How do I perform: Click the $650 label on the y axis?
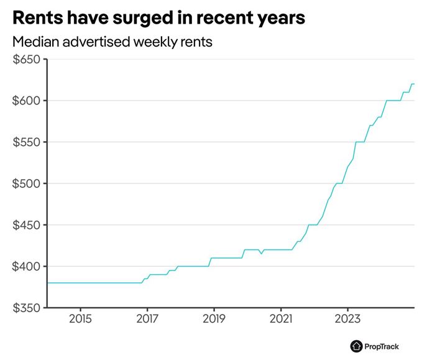pos(26,60)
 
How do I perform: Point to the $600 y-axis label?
pos(26,101)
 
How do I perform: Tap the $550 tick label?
pos(26,142)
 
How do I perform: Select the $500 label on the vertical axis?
pos(26,184)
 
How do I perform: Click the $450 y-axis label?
pos(26,225)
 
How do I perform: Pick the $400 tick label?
pos(26,267)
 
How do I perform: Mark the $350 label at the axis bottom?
pos(26,308)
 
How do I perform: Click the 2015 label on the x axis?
pos(80,320)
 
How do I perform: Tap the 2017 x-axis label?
pos(147,320)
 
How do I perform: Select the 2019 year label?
pos(214,320)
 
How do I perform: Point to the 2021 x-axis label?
pos(281,320)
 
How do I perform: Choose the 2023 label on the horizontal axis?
pos(347,320)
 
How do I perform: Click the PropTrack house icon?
pos(356,346)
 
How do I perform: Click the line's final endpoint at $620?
pos(413,84)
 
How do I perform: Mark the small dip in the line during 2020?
pos(261,253)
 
